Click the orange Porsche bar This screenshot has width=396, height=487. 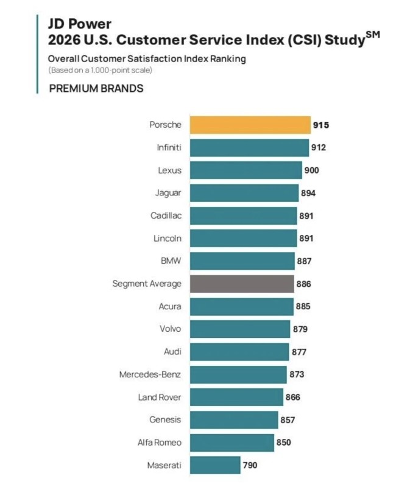click(x=250, y=125)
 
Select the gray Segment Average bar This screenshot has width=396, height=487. click(x=242, y=284)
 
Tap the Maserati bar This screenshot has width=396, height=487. click(x=215, y=465)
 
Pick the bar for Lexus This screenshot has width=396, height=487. click(x=246, y=170)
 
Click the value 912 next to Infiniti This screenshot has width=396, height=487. click(x=319, y=147)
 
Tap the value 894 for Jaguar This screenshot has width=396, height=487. click(x=308, y=193)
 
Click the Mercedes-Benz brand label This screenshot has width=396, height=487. click(x=150, y=374)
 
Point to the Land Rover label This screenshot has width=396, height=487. click(x=160, y=397)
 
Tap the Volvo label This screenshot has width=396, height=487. click(x=169, y=329)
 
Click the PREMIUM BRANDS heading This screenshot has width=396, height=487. click(x=96, y=88)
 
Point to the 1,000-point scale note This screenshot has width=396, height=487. click(x=101, y=70)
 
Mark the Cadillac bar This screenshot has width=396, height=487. click(x=243, y=215)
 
